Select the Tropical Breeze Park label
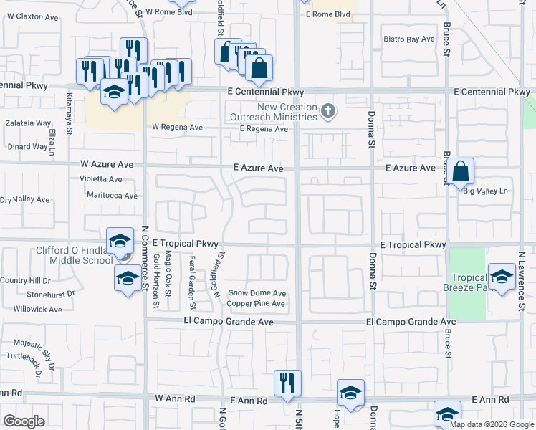(x=469, y=282)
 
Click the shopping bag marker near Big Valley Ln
(x=462, y=172)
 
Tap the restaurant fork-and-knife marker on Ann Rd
(x=288, y=383)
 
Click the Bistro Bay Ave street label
(x=409, y=39)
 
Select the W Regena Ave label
(x=177, y=127)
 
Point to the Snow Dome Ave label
(x=257, y=293)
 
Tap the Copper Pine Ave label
(x=257, y=304)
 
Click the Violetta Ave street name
(x=101, y=178)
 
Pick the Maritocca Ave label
(x=111, y=195)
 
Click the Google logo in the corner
(x=24, y=421)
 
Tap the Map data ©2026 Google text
(x=492, y=424)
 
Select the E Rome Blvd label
(x=327, y=14)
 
